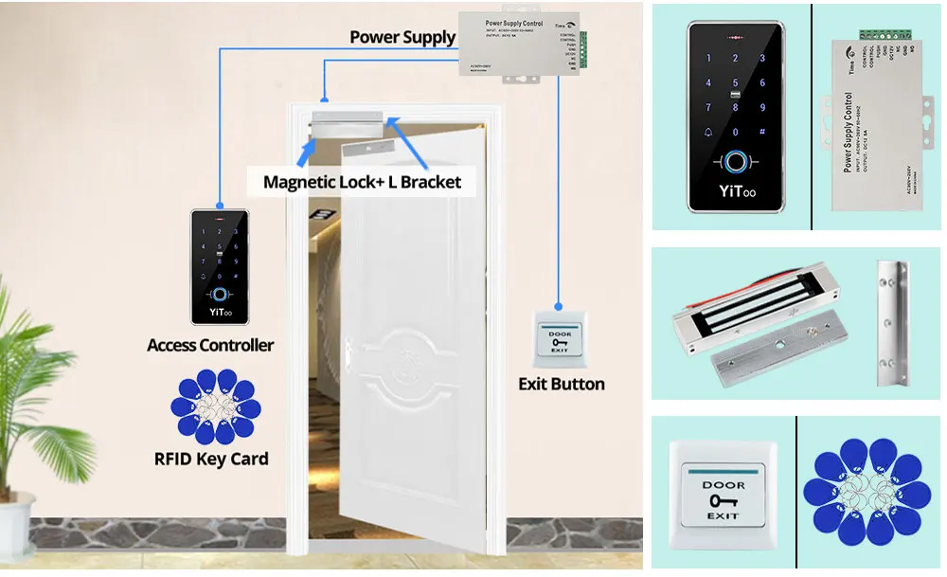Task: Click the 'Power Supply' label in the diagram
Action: (402, 38)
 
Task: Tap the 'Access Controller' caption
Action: (210, 345)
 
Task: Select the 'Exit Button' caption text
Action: (561, 384)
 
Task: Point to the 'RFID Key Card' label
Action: (211, 460)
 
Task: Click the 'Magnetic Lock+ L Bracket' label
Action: (362, 182)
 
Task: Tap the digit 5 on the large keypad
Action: (735, 82)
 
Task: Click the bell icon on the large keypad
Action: (708, 132)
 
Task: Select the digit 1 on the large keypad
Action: (708, 59)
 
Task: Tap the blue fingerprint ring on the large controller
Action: (735, 163)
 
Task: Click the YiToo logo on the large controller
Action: (735, 192)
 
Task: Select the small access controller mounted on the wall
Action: (220, 266)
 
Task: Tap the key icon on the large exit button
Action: (723, 499)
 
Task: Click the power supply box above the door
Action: (521, 46)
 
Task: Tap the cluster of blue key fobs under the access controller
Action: (215, 407)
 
